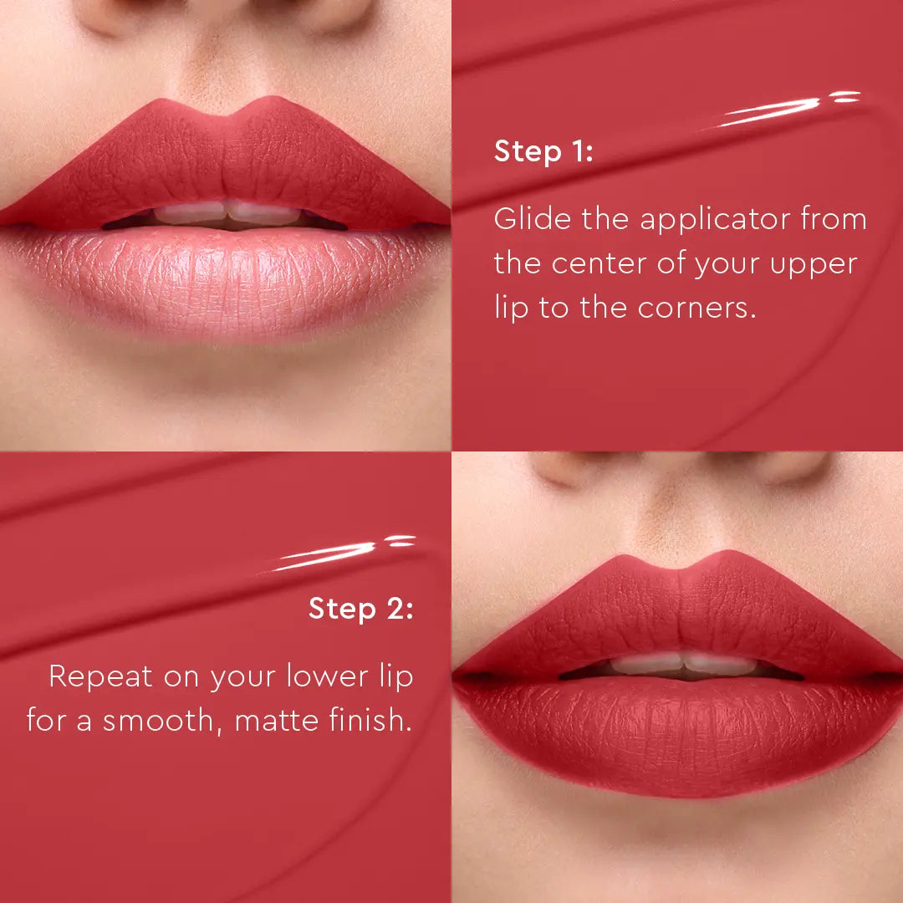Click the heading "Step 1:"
(543, 152)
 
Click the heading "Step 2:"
(360, 609)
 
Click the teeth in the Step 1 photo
(226, 213)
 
